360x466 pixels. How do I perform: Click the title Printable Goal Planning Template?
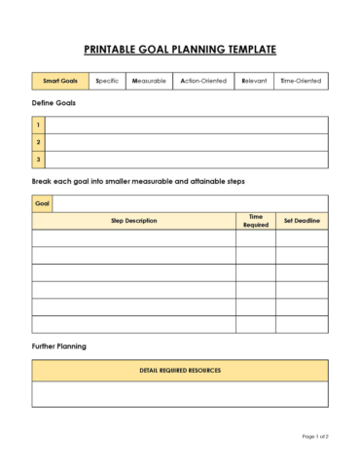pos(180,49)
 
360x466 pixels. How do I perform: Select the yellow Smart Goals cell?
pos(60,81)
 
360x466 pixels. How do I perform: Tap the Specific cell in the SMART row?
pos(108,81)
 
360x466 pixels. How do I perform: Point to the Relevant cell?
pos(253,81)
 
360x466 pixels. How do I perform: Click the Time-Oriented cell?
pos(301,81)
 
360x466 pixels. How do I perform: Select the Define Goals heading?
pos(54,103)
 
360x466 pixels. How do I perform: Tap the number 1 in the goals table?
pos(38,125)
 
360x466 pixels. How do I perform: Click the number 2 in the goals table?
pos(38,142)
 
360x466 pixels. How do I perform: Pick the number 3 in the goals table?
pos(38,160)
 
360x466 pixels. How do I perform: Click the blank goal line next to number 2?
pos(186,142)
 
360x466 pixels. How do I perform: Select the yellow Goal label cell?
pos(42,203)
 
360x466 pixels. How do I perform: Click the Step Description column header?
pos(133,221)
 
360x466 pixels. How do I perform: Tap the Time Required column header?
pos(255,221)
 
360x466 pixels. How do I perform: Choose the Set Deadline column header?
pos(302,221)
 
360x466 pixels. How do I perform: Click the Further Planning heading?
pos(59,346)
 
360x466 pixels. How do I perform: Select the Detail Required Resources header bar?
pos(180,371)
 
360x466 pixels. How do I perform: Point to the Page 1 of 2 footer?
pos(314,436)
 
